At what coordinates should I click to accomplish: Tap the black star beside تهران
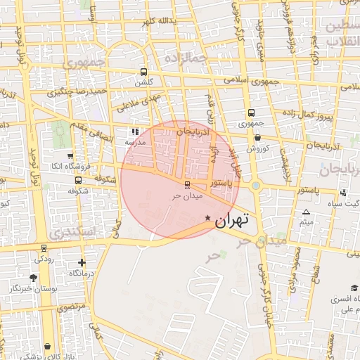(207, 218)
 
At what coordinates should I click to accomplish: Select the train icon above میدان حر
(186, 185)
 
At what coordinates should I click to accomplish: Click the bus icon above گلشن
(144, 72)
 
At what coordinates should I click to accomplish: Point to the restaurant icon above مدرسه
(135, 131)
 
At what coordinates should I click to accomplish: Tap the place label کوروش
(258, 148)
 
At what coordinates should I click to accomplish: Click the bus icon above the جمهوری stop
(251, 112)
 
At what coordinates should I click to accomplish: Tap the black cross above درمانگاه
(82, 262)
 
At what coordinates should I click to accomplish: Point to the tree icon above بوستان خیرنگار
(34, 278)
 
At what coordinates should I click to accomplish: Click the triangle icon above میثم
(306, 212)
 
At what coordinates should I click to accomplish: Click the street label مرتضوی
(71, 307)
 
